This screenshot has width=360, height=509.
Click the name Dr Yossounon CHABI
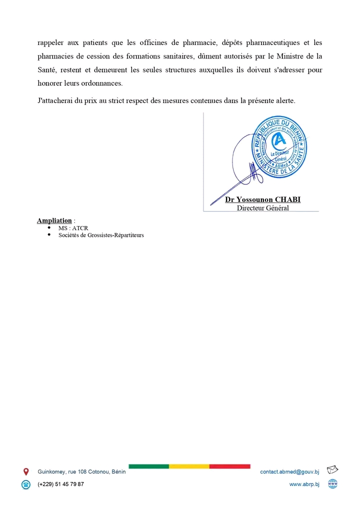point(262,199)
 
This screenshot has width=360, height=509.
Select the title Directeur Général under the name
point(262,207)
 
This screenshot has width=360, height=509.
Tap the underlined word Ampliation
point(54,220)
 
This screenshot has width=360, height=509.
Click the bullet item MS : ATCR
point(73,228)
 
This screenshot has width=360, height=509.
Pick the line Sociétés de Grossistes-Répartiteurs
point(101,235)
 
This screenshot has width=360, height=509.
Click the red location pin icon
point(26,471)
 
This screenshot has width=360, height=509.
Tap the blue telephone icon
point(26,484)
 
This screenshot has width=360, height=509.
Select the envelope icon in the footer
point(332,470)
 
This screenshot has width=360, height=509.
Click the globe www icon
point(332,483)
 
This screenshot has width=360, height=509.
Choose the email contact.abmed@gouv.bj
point(289,471)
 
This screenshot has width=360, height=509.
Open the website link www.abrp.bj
point(304,484)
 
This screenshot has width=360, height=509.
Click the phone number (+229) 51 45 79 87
point(61,484)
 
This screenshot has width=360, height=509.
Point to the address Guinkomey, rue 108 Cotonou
point(81,471)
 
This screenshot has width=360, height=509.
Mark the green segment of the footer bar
point(148,466)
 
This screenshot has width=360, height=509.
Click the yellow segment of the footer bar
point(189,466)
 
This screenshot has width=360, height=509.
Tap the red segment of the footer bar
point(229,466)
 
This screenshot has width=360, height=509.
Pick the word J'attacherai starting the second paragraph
point(56,100)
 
